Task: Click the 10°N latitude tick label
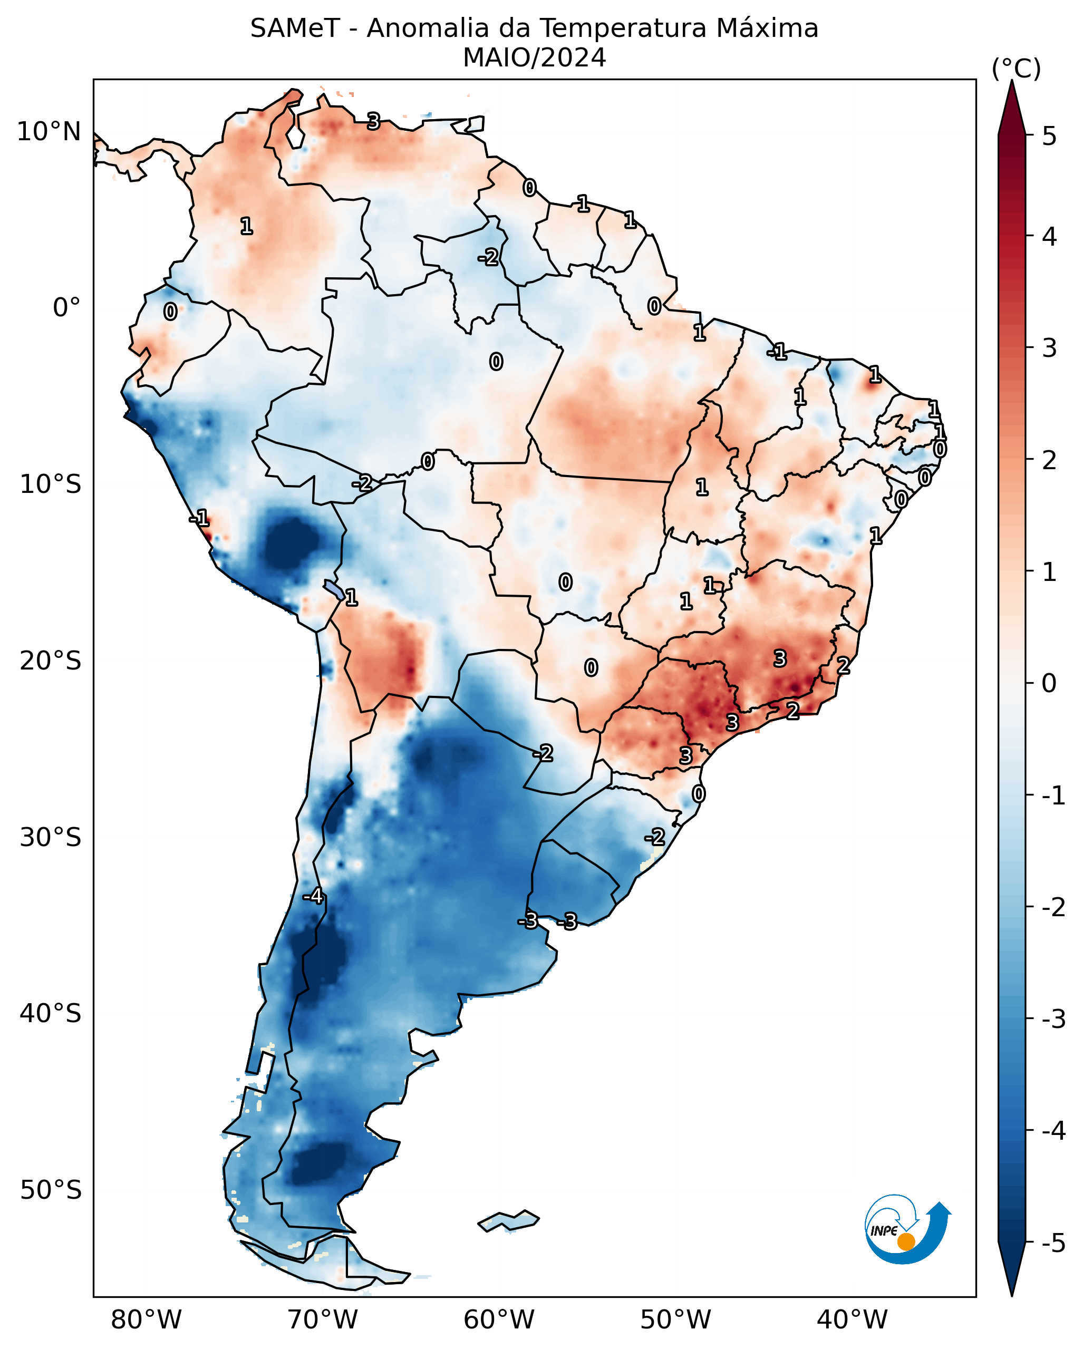[49, 132]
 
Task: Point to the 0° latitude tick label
[66, 308]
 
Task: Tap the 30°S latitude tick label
[50, 837]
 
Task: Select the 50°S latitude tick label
[50, 1190]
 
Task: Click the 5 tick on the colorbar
[1049, 136]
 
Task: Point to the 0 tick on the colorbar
[1049, 683]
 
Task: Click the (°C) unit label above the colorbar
[1016, 69]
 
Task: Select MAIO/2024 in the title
[534, 58]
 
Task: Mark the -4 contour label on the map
[313, 897]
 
